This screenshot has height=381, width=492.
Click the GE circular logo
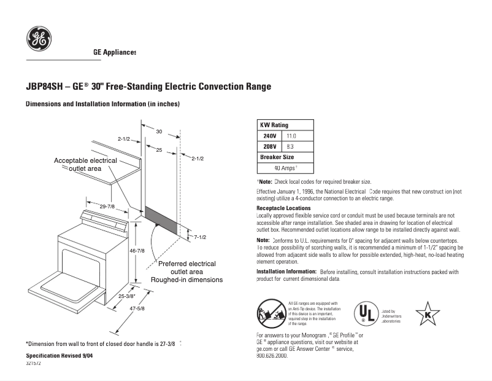[39, 39]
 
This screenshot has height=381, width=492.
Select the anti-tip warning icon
[271, 313]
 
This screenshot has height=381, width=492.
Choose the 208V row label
[269, 146]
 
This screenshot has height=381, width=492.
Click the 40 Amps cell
[285, 168]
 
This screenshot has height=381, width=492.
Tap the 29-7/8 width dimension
[107, 206]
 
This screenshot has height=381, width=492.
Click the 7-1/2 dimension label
[200, 237]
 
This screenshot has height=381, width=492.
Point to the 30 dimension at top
[158, 132]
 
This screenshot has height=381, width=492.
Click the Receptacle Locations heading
[283, 208]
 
